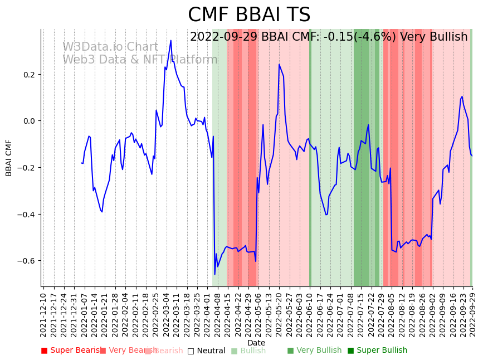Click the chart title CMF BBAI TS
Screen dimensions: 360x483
pos(249,15)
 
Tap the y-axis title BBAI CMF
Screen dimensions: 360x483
pos(9,158)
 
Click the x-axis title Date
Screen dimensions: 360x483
pos(256,343)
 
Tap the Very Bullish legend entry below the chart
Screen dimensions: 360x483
pos(315,351)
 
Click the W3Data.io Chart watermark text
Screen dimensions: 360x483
pos(110,47)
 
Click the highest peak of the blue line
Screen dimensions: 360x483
pos(171,40)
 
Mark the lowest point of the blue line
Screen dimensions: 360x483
pos(214,274)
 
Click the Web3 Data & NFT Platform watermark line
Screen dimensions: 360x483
pos(140,60)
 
